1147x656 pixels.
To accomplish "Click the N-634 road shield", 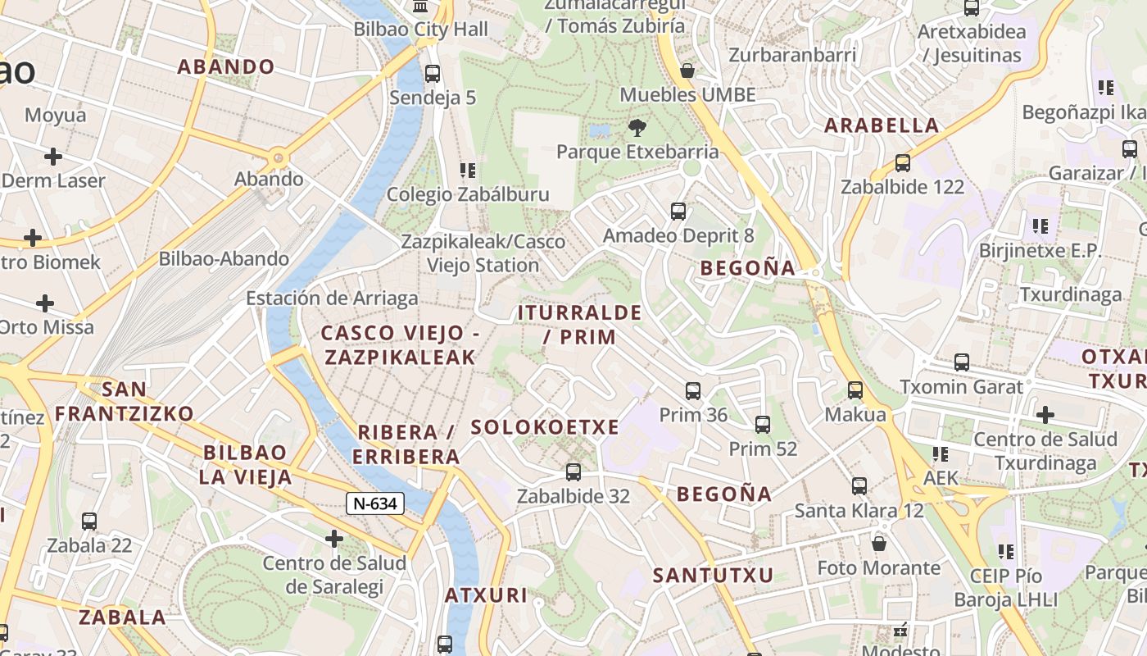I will tap(376, 503).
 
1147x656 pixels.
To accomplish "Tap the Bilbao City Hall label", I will tap(420, 30).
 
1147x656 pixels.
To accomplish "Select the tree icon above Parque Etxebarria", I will tap(637, 128).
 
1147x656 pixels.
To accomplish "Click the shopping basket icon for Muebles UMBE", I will tap(687, 71).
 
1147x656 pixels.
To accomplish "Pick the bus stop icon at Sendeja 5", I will tap(433, 74).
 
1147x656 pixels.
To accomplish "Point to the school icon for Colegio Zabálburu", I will tap(468, 171).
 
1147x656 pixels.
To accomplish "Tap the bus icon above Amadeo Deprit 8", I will tap(678, 212).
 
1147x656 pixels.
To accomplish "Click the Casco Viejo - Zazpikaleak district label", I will tap(399, 345).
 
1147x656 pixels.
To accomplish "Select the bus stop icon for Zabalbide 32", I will tap(573, 472).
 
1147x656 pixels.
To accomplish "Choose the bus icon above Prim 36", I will tap(693, 390).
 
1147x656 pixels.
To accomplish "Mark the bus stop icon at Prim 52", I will tap(763, 425).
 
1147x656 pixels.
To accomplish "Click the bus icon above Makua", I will tap(855, 390).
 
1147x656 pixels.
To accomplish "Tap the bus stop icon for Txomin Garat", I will tap(962, 362).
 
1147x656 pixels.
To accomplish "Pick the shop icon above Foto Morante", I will tap(879, 543).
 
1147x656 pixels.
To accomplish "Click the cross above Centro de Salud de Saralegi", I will tap(334, 539).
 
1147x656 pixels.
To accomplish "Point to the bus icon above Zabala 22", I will tap(89, 521).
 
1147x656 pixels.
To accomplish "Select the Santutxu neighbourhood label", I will tap(713, 576).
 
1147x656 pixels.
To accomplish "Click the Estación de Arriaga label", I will tap(332, 298).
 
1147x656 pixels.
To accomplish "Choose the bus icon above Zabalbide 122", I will tap(903, 162).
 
